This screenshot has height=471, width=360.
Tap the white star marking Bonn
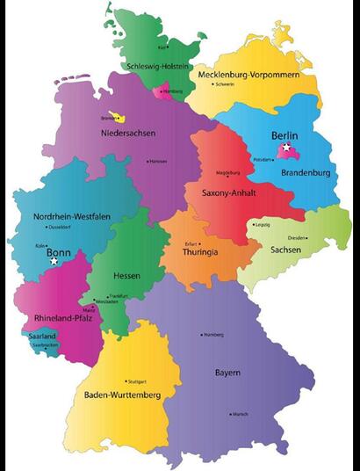click(x=54, y=261)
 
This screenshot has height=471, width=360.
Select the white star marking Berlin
click(x=286, y=149)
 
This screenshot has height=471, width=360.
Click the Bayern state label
click(x=227, y=373)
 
